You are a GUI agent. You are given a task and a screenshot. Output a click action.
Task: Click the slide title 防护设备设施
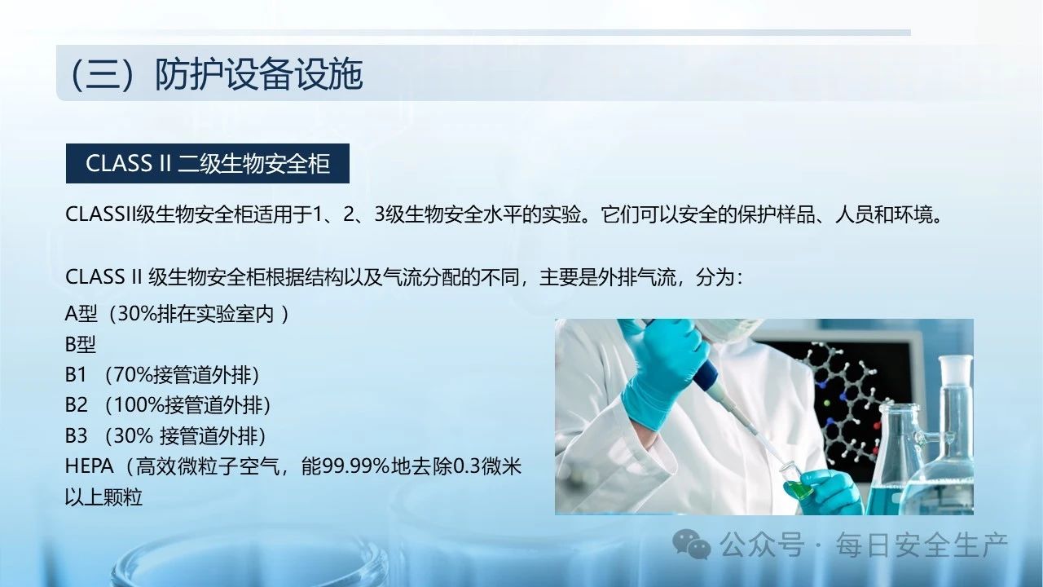(x=258, y=74)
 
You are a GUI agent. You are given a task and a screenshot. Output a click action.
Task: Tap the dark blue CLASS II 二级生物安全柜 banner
(x=208, y=164)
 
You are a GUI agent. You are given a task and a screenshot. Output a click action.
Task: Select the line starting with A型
(x=177, y=314)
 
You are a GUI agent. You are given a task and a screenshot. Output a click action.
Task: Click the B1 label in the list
(x=76, y=374)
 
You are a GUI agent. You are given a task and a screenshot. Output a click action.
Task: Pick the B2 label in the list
(x=77, y=405)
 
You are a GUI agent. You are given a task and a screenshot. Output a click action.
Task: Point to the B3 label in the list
(x=77, y=435)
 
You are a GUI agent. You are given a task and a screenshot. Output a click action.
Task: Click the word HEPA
(x=90, y=466)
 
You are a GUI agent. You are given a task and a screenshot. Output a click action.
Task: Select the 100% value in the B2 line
(x=138, y=405)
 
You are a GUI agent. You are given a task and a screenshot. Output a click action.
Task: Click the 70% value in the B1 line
(x=133, y=374)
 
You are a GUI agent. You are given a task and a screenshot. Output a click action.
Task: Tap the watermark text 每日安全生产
(x=922, y=545)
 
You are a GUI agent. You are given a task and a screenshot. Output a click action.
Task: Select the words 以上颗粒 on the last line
(x=103, y=497)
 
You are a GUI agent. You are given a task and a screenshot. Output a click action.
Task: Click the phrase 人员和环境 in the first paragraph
(x=884, y=214)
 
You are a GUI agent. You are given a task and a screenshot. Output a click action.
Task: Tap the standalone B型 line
(x=81, y=344)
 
